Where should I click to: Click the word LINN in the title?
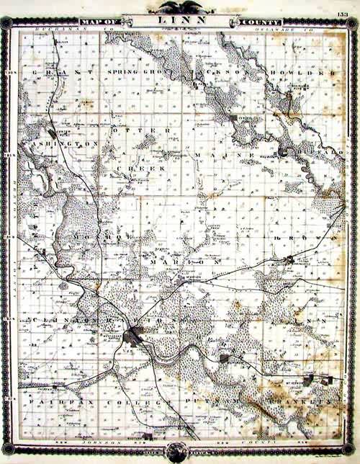point(180,22)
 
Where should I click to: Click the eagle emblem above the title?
point(180,7)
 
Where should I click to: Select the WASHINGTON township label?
point(61,144)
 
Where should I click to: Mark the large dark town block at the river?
point(133,335)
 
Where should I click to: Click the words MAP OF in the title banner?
point(98,22)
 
